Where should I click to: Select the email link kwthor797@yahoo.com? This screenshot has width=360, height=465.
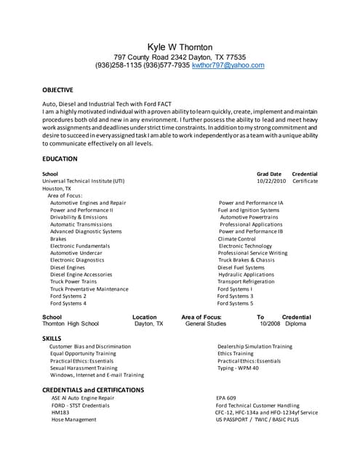[x=228, y=65]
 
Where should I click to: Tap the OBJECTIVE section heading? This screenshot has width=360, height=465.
[x=57, y=90]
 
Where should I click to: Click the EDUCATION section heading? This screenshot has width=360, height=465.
[x=60, y=158]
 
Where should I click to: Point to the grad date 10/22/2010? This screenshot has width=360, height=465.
[x=269, y=181]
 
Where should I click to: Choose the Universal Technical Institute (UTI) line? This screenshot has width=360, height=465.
[x=83, y=181]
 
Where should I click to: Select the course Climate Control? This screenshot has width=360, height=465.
[x=237, y=238]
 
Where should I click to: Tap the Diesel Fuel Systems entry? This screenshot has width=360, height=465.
[x=242, y=267]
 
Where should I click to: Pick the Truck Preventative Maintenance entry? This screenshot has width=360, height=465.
[x=89, y=289]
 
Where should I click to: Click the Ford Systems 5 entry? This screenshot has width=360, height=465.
[x=236, y=304]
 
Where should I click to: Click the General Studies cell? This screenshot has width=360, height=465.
[x=206, y=324]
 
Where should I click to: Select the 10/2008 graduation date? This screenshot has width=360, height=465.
[x=270, y=324]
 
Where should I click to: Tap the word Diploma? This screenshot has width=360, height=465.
[x=295, y=324]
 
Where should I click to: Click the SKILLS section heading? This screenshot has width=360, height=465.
[x=52, y=339]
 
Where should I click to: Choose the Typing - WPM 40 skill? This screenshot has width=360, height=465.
[x=238, y=368]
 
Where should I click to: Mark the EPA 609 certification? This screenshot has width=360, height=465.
[x=226, y=398]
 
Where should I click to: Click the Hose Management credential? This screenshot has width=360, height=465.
[x=75, y=420]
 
